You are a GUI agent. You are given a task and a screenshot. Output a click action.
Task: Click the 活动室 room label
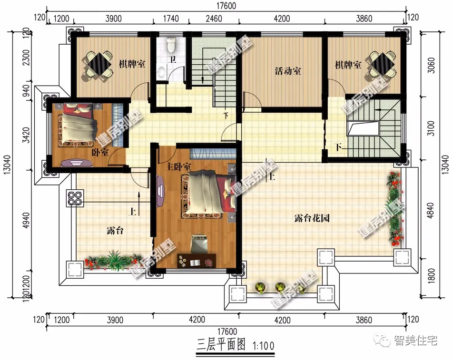pos(288,71)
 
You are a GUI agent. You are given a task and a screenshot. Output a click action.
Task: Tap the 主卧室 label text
pos(178,167)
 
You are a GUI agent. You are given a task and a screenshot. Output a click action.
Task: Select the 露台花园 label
pos(312,218)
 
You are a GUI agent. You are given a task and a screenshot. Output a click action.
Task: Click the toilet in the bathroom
pos(172,45)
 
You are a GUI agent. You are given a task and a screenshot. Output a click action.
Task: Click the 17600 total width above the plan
pos(226,6)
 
